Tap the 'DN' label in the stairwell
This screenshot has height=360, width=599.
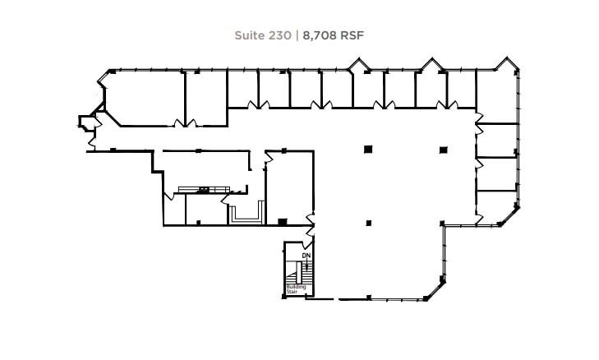[x=306, y=256]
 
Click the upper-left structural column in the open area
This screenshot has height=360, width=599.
[x=367, y=149]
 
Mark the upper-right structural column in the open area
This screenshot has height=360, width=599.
[x=444, y=149]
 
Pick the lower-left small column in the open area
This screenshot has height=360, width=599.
[x=367, y=222]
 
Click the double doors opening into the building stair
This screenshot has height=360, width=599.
[x=306, y=242]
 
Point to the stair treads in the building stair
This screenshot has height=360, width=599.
[x=293, y=278]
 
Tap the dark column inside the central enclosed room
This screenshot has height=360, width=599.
[x=283, y=221]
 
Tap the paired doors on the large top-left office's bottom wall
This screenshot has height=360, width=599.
[x=185, y=124]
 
